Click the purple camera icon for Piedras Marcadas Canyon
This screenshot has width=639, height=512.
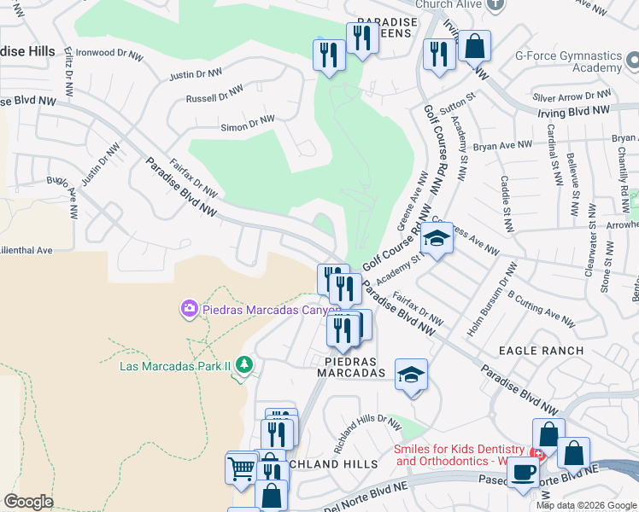click(x=189, y=308)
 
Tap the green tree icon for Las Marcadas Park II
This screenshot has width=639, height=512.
click(x=245, y=365)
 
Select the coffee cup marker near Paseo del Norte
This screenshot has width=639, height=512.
click(x=522, y=473)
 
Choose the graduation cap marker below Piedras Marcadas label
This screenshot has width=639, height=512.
click(x=411, y=375)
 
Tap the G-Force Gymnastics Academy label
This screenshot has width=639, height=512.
click(x=567, y=61)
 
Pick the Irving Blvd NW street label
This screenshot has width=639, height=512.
click(x=573, y=111)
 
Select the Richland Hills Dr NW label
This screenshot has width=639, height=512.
click(x=367, y=433)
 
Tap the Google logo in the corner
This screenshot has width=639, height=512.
click(x=28, y=502)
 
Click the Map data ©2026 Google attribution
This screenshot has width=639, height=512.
click(x=586, y=505)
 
